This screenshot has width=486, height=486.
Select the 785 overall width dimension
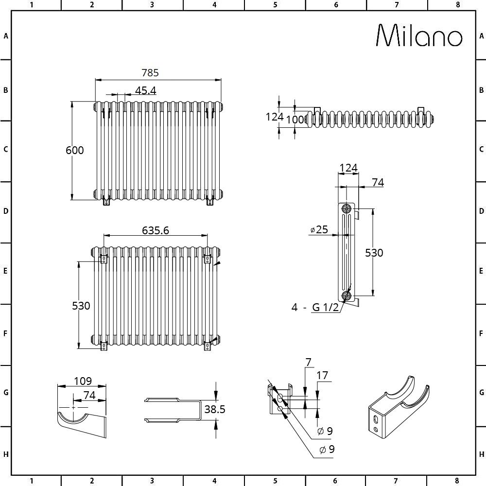coord(150,73)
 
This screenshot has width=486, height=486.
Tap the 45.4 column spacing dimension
coord(145,90)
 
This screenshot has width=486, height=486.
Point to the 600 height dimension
coord(74,150)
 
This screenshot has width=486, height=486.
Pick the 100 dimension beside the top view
coord(298,119)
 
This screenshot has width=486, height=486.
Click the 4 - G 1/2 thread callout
coord(314,307)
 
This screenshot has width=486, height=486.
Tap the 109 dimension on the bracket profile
coord(83,381)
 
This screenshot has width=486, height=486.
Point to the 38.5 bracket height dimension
coord(215,409)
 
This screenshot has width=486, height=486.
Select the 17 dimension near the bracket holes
coord(322,375)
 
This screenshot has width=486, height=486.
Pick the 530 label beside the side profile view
coord(374,253)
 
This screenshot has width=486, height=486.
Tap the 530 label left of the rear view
coord(81,306)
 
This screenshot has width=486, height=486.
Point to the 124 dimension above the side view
coord(348,168)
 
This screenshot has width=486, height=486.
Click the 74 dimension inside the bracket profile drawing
coord(89,396)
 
